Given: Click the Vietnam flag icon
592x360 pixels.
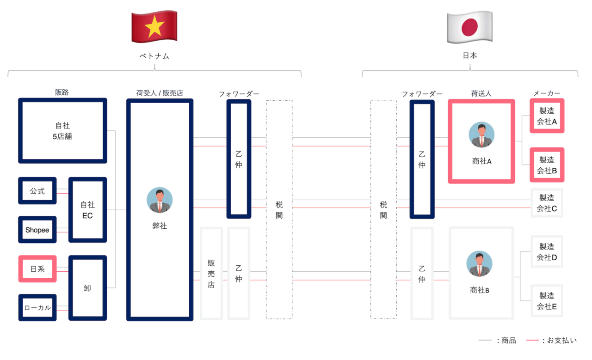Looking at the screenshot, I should click(x=154, y=27).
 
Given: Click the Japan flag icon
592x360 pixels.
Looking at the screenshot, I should click(x=469, y=27).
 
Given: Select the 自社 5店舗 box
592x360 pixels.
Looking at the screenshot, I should click(x=62, y=131).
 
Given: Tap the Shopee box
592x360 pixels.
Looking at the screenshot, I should click(x=37, y=230).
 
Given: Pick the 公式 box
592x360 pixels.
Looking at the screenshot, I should click(x=37, y=191).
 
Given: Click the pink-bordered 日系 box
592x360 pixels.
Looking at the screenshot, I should click(x=37, y=269).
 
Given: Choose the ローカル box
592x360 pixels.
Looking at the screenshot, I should click(x=37, y=307).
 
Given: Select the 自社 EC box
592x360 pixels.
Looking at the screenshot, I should click(x=87, y=210).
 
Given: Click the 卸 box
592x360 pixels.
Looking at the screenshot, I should click(x=87, y=288).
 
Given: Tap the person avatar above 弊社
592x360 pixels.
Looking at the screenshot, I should click(x=160, y=201).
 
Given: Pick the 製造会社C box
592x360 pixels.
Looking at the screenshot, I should click(x=547, y=203).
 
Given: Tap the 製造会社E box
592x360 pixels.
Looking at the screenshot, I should click(x=547, y=300).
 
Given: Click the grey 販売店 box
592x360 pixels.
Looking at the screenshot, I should click(x=211, y=273).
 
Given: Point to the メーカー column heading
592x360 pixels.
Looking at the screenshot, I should click(x=547, y=93).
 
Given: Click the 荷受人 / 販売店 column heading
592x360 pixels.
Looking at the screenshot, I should click(x=160, y=93).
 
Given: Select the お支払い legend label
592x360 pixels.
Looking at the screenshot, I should click(x=562, y=341).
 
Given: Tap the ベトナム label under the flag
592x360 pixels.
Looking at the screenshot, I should click(x=154, y=56).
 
